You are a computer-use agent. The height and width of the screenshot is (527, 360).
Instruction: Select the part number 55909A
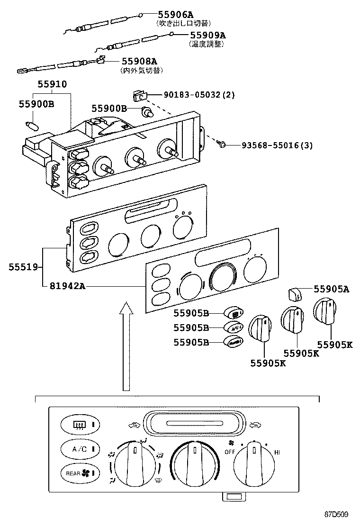(207, 35)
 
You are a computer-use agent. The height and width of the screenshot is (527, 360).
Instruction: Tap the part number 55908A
(139, 61)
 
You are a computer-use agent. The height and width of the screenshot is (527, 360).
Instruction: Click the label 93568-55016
(265, 145)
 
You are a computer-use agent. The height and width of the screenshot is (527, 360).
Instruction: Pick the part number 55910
(52, 84)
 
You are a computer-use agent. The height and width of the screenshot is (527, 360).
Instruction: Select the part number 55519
(22, 267)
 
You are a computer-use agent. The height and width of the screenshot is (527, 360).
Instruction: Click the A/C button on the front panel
(79, 448)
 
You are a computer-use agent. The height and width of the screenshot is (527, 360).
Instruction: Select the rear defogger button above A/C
(79, 424)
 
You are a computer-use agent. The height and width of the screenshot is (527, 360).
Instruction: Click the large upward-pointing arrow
(126, 345)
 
